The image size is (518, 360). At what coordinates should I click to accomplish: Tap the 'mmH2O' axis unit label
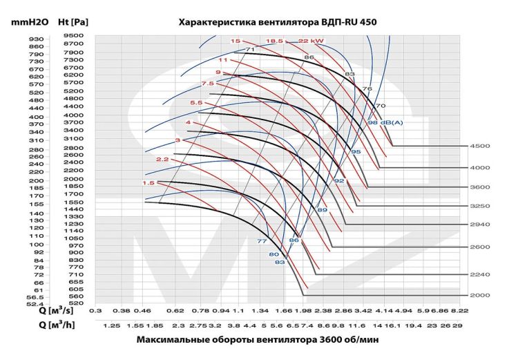(28, 22)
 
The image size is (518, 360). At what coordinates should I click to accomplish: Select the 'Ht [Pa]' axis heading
(73, 22)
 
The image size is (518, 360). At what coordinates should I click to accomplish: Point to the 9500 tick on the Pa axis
(73, 36)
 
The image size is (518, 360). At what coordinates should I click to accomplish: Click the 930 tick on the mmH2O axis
(36, 39)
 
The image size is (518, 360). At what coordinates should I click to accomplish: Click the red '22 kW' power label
(311, 41)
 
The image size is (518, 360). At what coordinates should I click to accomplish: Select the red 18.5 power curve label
(275, 41)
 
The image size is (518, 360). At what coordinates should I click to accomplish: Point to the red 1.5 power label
(148, 183)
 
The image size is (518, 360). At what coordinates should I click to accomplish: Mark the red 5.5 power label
(196, 103)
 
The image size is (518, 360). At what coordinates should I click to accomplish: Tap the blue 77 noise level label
(262, 241)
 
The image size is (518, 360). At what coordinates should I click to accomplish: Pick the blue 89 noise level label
(322, 209)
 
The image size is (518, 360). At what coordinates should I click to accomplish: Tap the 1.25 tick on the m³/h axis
(112, 325)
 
